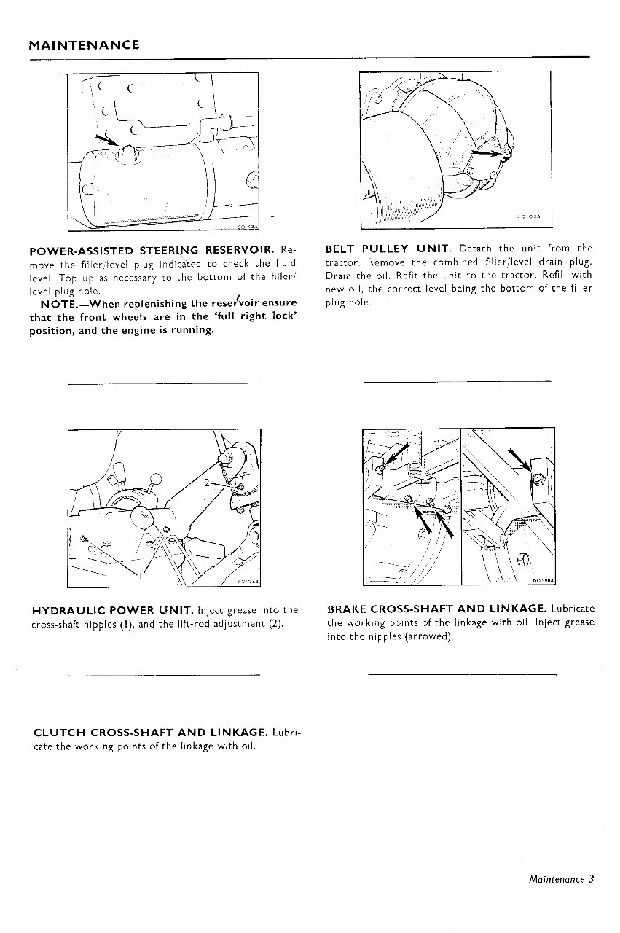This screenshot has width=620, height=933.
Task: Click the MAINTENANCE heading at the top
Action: (84, 45)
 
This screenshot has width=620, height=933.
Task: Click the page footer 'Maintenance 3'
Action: (562, 878)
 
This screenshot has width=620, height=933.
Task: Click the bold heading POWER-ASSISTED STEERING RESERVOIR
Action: (154, 251)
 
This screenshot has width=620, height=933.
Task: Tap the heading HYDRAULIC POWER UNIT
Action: (112, 610)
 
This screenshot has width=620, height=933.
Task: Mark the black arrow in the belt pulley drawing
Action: (485, 152)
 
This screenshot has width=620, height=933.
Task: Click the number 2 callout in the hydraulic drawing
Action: (207, 482)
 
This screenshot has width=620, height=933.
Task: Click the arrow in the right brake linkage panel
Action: (520, 461)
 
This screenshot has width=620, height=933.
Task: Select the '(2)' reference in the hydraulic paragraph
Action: (273, 624)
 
